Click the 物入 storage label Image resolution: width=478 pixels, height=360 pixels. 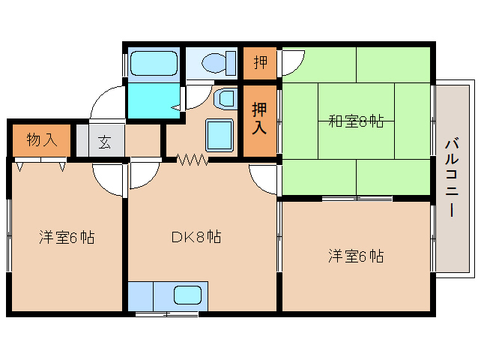42,140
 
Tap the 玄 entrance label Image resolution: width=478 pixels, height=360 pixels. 105,141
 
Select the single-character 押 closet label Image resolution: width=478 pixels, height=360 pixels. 259,63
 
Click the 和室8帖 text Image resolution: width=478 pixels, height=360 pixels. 357,120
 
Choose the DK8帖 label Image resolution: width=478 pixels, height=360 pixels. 196,237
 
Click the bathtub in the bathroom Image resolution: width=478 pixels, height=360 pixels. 153,64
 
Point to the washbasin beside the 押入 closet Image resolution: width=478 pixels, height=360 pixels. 226,97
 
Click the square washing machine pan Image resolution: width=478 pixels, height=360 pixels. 220,136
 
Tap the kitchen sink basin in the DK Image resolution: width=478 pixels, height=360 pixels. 188,295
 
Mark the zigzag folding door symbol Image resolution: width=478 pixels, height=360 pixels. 191,160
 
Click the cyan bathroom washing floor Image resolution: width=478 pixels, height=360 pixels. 152,100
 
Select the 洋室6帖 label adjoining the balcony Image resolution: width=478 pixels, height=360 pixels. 355,256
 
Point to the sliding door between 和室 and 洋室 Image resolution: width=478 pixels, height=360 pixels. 357,199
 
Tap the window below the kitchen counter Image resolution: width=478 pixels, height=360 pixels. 166,313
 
